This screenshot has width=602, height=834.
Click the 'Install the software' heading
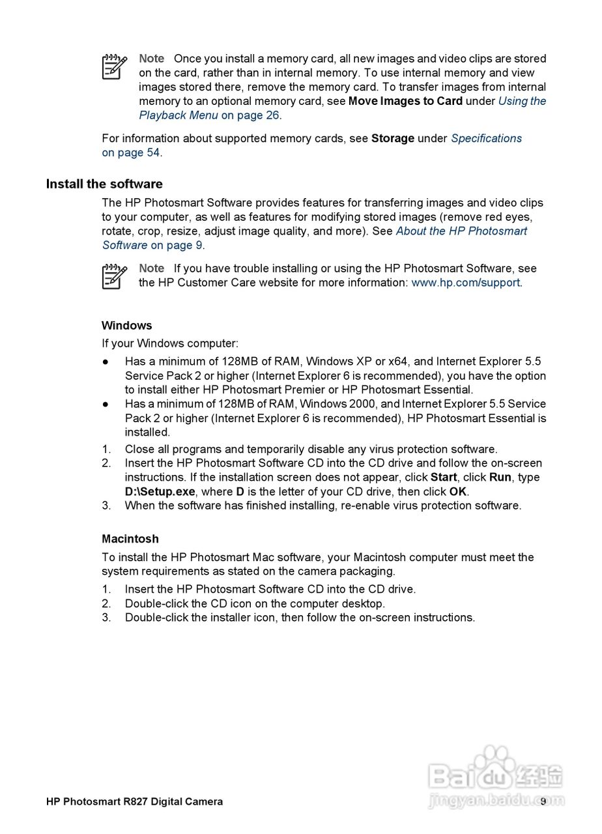pos(104,184)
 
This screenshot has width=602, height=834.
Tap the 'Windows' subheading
pos(126,325)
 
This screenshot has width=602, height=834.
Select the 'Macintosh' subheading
pos(130,539)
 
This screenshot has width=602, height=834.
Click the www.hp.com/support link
pos(465,282)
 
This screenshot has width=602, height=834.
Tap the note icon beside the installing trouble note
pos(114,276)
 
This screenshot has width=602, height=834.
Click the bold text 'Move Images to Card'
pos(405,101)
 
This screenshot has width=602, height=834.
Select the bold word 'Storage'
pos(393,138)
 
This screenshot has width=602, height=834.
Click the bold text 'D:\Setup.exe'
pos(160,491)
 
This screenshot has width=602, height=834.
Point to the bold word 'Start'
pos(443,477)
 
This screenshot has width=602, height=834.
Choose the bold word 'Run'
pos(500,477)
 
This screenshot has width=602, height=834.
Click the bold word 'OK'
pos(458,491)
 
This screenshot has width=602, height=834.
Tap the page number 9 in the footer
pos(543,801)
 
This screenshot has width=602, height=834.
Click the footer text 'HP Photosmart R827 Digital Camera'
pos(134,801)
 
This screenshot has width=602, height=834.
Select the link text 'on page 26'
pos(250,115)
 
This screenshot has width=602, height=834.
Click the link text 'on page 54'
pos(131,152)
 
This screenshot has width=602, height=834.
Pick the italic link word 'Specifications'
pos(486,138)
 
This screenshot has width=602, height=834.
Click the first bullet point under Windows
pos(104,361)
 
